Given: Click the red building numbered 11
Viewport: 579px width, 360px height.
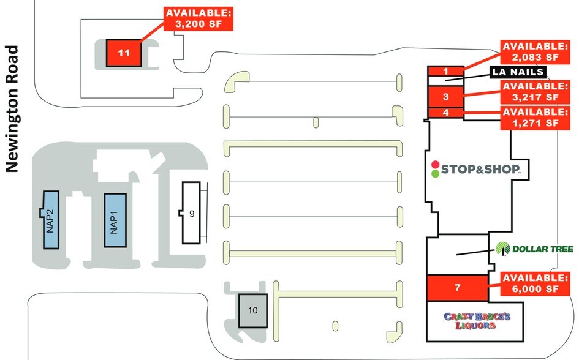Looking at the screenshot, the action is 124,53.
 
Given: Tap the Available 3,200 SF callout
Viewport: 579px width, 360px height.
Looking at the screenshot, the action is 199,19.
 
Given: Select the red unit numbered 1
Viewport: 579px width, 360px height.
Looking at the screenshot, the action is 445,71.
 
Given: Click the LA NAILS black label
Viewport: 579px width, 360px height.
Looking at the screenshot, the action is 518,72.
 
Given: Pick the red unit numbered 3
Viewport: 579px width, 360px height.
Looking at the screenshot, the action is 445,97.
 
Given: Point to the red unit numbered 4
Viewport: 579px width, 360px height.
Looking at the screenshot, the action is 445,113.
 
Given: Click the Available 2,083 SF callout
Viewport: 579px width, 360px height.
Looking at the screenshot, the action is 535,51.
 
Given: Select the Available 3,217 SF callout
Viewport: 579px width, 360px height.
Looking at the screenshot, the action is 535,92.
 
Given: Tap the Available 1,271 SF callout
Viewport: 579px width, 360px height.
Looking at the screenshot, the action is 535,118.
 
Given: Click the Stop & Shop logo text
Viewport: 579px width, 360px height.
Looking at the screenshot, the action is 481,170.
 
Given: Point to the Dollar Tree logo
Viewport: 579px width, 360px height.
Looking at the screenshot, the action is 534,249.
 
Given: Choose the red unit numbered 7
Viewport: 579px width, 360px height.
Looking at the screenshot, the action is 457,287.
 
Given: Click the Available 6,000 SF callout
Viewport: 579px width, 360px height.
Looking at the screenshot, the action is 535,283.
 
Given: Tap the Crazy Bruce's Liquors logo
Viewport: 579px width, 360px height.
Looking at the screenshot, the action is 477,321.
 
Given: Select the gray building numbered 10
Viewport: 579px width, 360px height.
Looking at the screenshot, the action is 252,310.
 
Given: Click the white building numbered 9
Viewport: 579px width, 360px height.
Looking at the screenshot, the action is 191,213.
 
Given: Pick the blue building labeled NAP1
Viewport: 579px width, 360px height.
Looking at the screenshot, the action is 115,220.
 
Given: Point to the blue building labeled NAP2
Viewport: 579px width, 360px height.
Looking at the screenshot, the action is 51,220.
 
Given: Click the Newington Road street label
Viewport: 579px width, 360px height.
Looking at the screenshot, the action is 12,109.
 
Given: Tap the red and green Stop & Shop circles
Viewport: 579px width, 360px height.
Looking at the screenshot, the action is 436,170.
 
